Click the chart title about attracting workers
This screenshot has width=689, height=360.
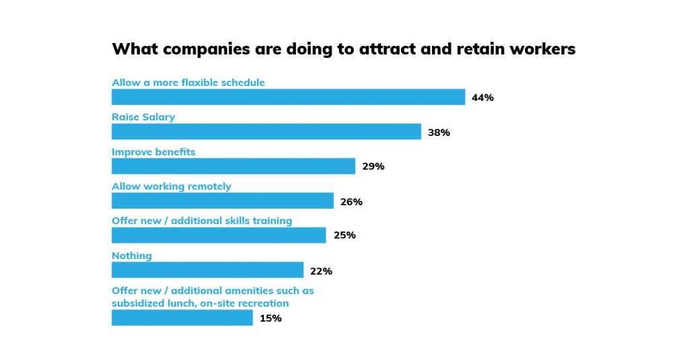click(343, 49)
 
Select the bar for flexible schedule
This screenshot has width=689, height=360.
click(288, 97)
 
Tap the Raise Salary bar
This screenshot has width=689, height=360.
click(266, 132)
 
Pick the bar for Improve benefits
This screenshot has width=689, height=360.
click(233, 166)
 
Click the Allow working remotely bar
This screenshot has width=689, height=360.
click(222, 201)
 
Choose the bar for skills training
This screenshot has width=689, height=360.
click(219, 236)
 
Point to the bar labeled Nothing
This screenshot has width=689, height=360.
click(207, 271)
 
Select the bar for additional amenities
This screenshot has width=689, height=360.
click(182, 318)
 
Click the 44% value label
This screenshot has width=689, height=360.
click(482, 98)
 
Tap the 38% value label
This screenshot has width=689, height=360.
click(439, 133)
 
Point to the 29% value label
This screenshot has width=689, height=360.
click(373, 166)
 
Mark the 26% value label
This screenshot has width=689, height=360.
click(351, 202)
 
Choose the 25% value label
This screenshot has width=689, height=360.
click(344, 236)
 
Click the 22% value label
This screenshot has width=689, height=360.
click(321, 271)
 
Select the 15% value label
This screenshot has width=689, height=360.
click(270, 318)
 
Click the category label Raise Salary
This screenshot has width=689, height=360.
click(143, 117)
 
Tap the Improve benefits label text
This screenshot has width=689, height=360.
click(153, 152)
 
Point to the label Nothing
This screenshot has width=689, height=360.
click(131, 256)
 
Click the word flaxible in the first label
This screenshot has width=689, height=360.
click(199, 83)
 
